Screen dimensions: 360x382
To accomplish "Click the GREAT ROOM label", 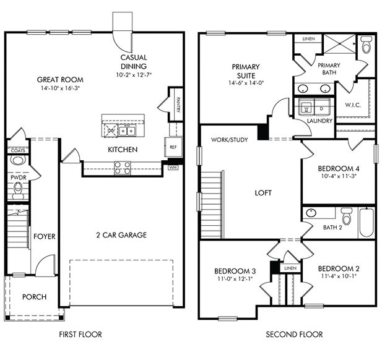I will coord(60,80).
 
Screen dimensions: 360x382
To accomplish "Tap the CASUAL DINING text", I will coord(134,62).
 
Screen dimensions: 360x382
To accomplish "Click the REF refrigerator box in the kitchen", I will coord(172,147).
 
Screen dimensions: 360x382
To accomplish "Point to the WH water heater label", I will coord(173,167).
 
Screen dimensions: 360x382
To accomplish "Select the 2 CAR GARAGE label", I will coord(121,234).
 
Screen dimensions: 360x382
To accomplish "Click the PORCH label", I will coord(34,297).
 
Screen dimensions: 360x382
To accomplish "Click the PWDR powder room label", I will coord(17,176).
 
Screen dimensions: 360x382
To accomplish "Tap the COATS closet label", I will coord(17,150).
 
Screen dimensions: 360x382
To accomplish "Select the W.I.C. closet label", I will coord(353,104).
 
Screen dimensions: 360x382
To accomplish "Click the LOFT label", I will coord(264,193).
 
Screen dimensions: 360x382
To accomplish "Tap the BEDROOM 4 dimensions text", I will coord(339,176).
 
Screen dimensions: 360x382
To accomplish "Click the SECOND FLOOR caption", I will coord(294,335).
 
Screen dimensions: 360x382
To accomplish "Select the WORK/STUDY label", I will coord(230,140).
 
